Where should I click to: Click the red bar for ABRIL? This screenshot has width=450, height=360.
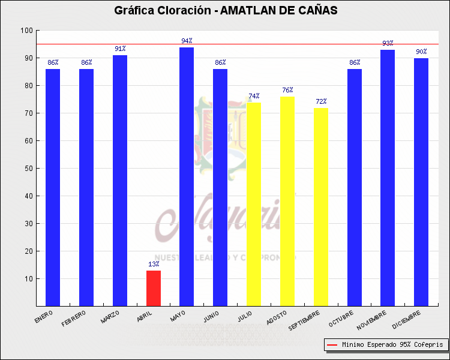(x=154, y=288)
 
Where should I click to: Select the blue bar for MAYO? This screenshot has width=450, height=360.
(x=187, y=176)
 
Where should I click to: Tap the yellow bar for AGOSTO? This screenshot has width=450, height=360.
(x=287, y=201)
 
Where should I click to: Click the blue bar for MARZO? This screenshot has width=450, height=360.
(x=120, y=180)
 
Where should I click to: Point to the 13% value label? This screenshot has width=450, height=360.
(x=154, y=264)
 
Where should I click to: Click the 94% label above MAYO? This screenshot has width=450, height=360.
(x=187, y=41)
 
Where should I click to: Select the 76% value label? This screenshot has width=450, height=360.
(x=287, y=90)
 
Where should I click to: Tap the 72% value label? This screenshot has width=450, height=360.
(x=321, y=101)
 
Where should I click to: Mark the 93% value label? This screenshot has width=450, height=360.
(x=388, y=43)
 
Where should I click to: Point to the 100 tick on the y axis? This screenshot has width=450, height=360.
(x=26, y=31)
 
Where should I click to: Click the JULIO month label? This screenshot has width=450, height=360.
(x=245, y=316)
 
